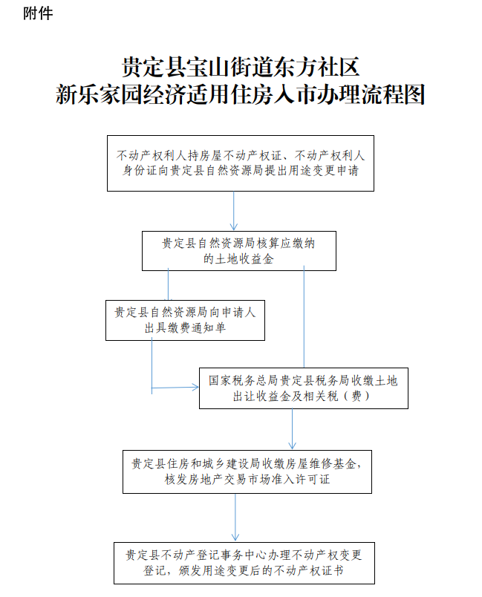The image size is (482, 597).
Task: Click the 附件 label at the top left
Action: click(38, 13)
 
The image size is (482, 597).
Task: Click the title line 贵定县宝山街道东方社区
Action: click(240, 67)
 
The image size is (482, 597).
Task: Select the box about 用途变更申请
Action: click(240, 163)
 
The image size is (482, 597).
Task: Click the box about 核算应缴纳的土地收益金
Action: click(239, 251)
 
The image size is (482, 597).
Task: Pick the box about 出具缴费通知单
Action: click(185, 320)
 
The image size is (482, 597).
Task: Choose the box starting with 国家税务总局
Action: click(304, 388)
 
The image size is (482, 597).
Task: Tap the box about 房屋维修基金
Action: click(247, 472)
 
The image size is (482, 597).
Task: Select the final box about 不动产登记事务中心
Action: click(244, 563)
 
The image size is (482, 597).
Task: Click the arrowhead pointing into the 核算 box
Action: click(234, 227)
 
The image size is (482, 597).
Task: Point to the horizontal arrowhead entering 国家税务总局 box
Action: click(195, 388)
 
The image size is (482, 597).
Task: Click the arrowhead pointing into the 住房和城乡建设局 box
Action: click(292, 446)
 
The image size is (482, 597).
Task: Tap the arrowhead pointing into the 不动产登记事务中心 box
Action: click(235, 538)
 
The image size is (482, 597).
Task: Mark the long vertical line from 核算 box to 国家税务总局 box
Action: click(304, 316)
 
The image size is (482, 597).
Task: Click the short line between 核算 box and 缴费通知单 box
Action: click(168, 284)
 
